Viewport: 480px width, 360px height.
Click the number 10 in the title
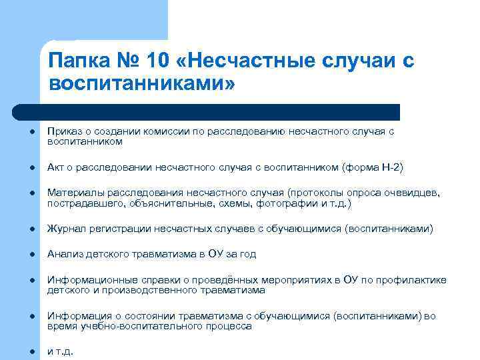coord(151,62)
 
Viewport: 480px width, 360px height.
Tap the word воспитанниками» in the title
coord(142,85)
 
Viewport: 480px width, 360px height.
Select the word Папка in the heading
coord(78,62)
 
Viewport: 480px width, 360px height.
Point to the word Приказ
coord(63,132)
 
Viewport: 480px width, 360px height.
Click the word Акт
coord(55,167)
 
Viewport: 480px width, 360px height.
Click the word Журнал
coord(65,229)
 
